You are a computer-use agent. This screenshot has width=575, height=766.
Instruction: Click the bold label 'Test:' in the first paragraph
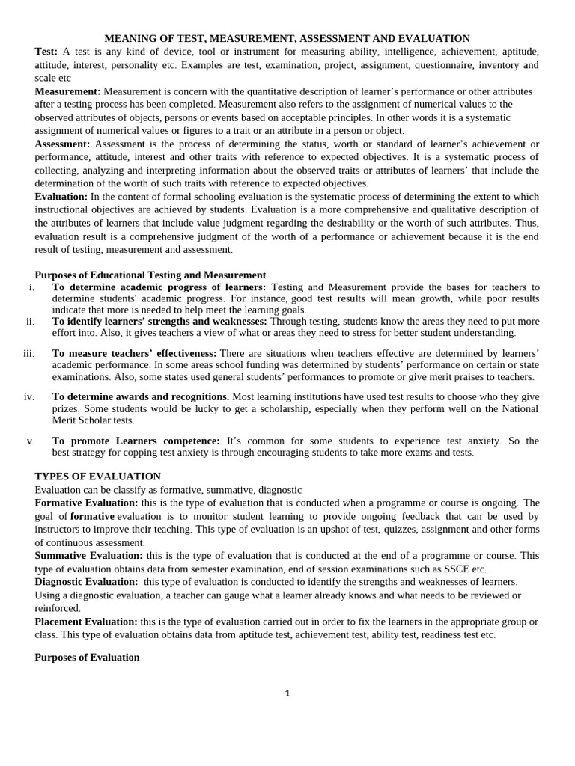click(46, 52)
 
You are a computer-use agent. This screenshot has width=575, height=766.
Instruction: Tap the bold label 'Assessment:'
click(62, 144)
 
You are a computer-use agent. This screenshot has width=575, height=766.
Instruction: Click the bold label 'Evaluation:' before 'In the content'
click(61, 197)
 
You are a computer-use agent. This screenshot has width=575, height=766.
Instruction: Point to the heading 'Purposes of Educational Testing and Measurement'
click(150, 275)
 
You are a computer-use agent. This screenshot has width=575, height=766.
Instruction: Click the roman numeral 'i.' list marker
click(31, 287)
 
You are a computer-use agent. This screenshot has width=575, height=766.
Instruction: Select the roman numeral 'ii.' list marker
click(30, 321)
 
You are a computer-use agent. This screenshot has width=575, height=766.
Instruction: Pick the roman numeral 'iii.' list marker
click(28, 353)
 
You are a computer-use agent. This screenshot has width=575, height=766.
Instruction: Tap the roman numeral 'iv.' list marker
click(29, 396)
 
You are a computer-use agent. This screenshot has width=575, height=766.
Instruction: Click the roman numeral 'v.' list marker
click(31, 441)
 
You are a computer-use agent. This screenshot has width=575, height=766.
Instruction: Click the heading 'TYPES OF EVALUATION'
click(97, 477)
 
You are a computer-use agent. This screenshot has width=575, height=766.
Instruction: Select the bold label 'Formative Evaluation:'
click(86, 503)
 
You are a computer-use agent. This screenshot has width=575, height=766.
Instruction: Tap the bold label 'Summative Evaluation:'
click(88, 556)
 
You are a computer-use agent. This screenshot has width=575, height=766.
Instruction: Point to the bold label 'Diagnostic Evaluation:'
click(86, 582)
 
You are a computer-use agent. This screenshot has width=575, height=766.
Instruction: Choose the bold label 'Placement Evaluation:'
click(86, 622)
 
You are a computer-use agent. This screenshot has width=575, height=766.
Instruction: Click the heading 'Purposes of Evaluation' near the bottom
click(87, 658)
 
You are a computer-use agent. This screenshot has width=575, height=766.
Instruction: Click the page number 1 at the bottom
click(287, 693)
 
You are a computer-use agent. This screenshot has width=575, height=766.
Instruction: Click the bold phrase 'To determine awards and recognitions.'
click(141, 396)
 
